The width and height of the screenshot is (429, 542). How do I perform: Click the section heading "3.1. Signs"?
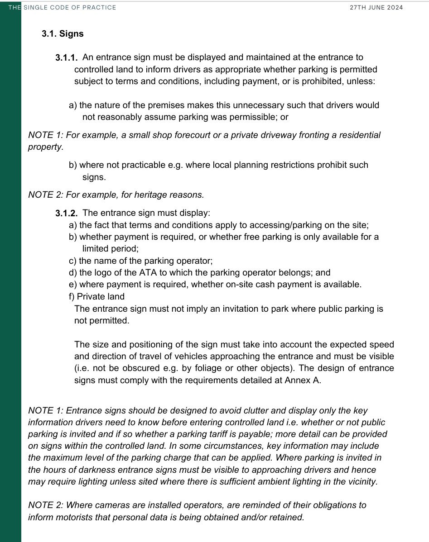[63, 34]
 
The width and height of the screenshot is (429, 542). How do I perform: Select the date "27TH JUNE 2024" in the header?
[376, 7]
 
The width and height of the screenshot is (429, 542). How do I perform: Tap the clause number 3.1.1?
[67, 58]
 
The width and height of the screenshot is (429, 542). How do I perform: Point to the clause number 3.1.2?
[67, 213]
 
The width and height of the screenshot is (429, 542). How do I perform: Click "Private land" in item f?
[101, 297]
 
